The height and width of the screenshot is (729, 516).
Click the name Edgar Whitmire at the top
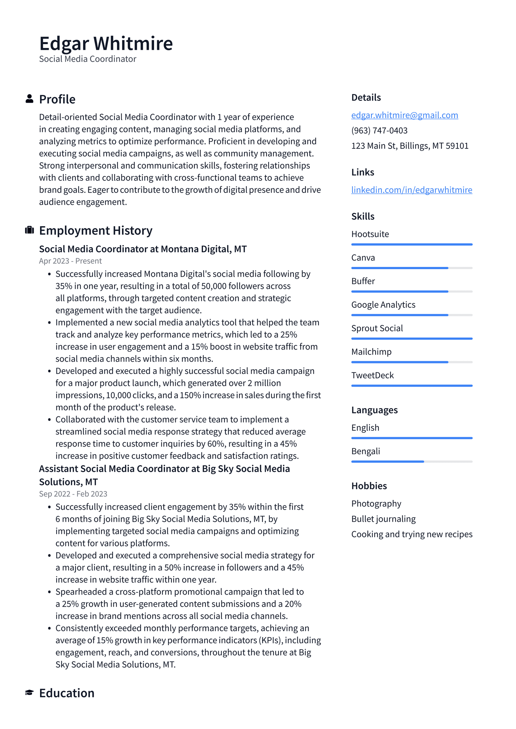[x=106, y=43]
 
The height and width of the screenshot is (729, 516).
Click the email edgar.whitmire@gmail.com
[x=404, y=115]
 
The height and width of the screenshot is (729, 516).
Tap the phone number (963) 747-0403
[x=379, y=131]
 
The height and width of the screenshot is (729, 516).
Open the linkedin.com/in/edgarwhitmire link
[x=411, y=190]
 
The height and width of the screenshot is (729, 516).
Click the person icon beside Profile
[x=29, y=99]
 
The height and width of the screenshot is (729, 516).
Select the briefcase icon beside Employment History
[x=29, y=230]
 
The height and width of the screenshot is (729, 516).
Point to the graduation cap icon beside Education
[x=29, y=692]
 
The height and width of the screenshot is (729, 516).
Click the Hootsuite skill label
[x=370, y=234]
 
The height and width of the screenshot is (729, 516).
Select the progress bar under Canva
[x=411, y=268]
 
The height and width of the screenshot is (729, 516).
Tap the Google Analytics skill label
[x=383, y=305]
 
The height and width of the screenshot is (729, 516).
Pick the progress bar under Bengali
[x=411, y=461]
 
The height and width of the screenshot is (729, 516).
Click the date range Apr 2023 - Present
[x=70, y=261]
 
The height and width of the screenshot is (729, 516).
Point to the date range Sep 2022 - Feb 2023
[x=73, y=494]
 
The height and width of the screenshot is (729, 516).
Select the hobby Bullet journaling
[x=383, y=519]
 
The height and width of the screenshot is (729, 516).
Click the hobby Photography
[x=376, y=504]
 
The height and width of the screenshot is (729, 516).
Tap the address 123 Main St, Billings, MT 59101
[x=409, y=146]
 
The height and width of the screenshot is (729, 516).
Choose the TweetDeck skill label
[x=372, y=375]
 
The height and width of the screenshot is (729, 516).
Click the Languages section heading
[x=374, y=410]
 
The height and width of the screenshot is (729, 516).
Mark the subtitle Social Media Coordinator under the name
[x=88, y=59]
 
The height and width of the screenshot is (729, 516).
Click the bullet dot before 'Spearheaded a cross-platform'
[x=49, y=592]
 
